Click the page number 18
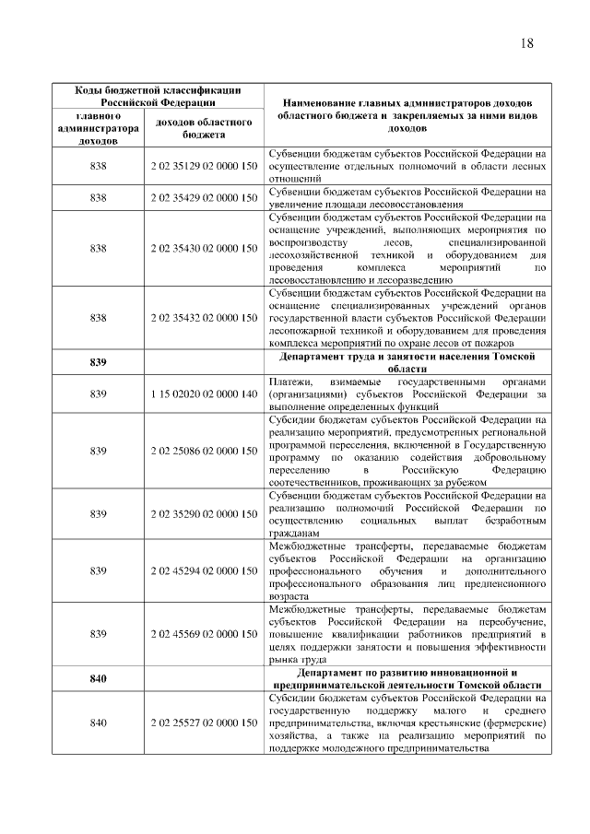(x=526, y=43)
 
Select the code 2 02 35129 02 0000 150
(x=203, y=166)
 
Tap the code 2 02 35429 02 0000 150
(x=203, y=197)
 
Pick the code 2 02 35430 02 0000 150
(x=203, y=248)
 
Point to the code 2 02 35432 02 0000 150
(x=203, y=318)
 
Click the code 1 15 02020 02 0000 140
(x=203, y=394)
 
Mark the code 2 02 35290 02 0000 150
(x=203, y=513)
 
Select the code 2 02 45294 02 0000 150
(x=203, y=570)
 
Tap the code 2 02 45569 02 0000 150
(x=203, y=634)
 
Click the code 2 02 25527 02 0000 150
(x=203, y=722)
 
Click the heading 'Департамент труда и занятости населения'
(x=407, y=362)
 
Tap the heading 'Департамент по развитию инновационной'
(x=407, y=678)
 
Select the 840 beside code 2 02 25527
(x=100, y=722)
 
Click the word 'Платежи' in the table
(x=288, y=382)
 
